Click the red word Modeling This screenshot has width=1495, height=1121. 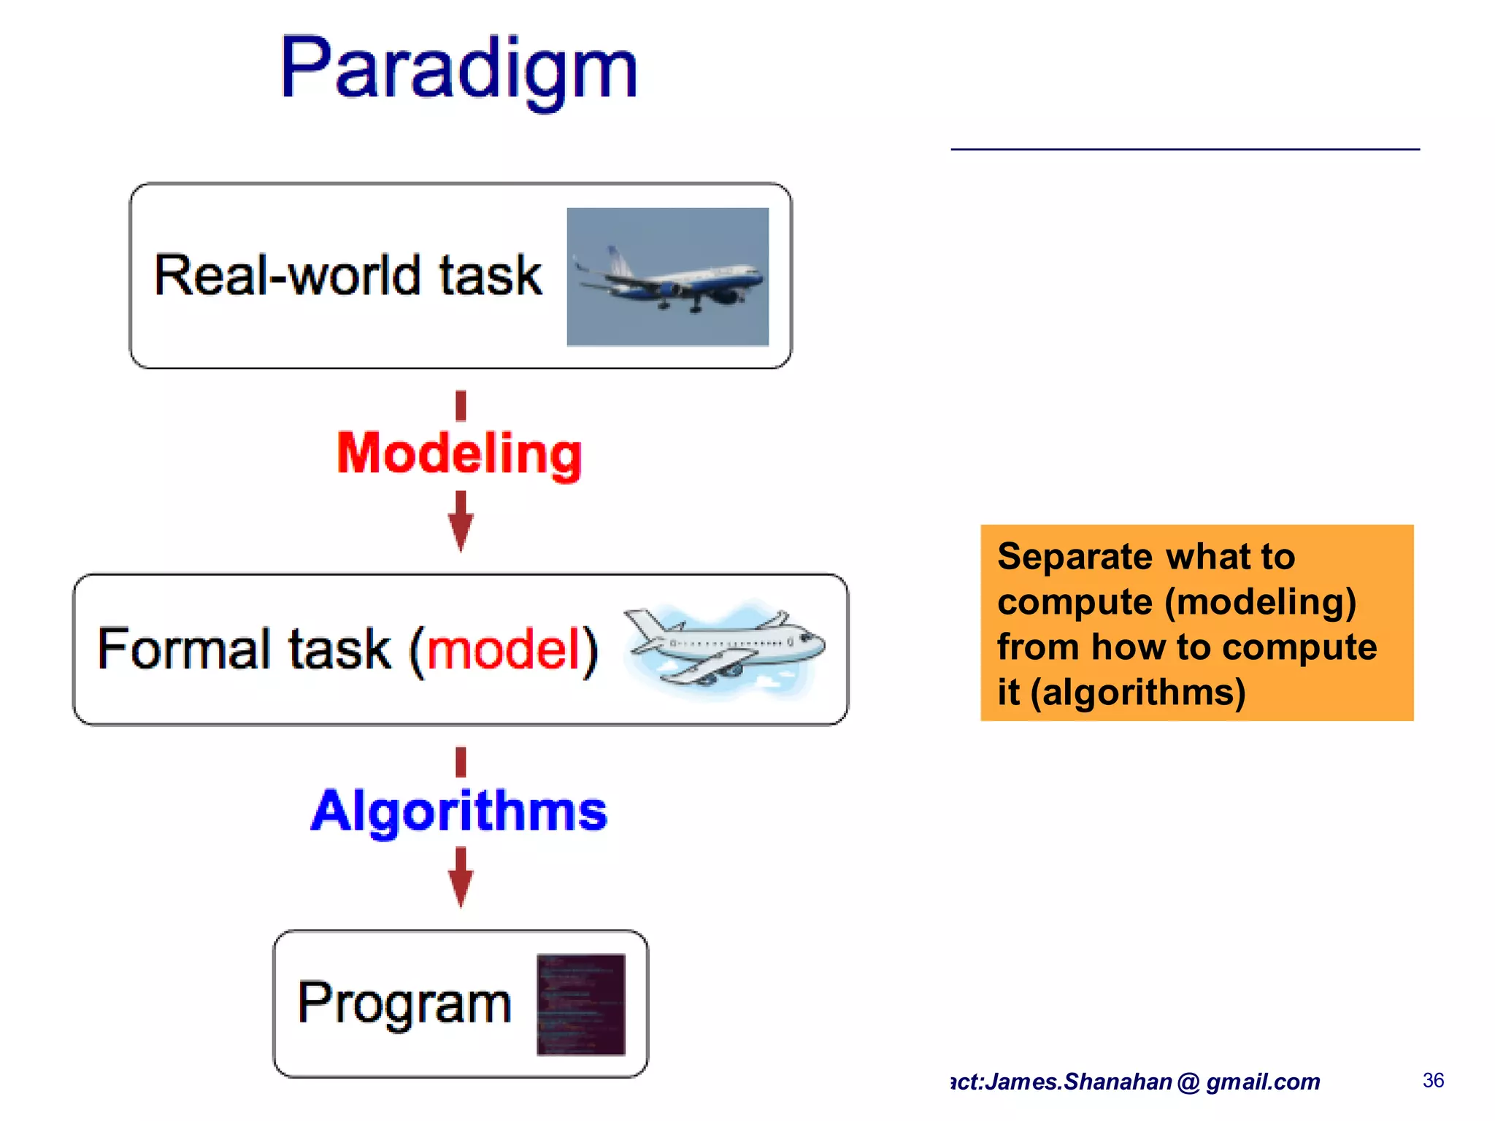click(459, 454)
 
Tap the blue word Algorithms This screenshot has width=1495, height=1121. click(459, 811)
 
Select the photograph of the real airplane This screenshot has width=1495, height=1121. click(667, 277)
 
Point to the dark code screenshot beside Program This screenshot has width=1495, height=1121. click(581, 1004)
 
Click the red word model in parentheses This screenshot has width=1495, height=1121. click(504, 649)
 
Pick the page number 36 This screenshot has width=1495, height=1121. click(1433, 1080)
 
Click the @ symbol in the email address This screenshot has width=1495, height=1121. click(1188, 1082)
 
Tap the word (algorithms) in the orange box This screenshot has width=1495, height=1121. click(1138, 692)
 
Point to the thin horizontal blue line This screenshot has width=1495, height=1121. click(1185, 149)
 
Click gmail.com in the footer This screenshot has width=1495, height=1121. click(1263, 1082)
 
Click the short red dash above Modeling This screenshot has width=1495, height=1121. click(461, 406)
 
